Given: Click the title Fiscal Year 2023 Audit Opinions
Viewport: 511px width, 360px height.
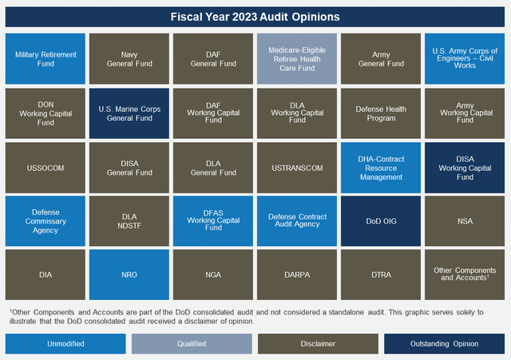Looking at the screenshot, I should point(255,17).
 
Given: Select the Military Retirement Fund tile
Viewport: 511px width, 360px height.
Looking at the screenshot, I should point(46,59).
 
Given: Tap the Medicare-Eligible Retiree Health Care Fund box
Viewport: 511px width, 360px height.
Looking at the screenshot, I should point(297,59).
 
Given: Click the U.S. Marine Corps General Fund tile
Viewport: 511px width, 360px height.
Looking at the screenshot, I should point(129,113).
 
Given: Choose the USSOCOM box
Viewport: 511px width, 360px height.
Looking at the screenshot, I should point(46,168).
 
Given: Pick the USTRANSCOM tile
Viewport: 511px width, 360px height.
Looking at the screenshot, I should point(297,168).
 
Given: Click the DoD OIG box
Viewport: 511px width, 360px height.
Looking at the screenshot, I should point(381,221).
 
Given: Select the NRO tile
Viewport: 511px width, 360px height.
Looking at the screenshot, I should point(129,275).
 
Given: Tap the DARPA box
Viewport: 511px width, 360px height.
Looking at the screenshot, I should point(297,275).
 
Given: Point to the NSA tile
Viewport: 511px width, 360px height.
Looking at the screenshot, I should point(465,221).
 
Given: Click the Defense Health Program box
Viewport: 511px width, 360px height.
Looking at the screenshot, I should point(381,113).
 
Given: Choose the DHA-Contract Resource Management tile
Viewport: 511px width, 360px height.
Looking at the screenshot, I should point(381,168).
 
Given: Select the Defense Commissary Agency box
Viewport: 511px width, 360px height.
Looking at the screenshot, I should point(46,221).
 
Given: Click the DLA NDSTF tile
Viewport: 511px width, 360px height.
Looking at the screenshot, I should point(129,221).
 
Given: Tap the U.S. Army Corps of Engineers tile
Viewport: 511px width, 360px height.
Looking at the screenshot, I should point(465,59).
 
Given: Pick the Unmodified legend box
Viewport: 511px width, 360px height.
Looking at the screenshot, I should point(65,343).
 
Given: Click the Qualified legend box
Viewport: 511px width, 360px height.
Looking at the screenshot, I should point(192,343).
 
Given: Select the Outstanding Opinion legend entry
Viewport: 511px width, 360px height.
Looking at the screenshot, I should point(444,343).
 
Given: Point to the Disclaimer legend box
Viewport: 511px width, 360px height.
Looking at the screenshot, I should point(318,343).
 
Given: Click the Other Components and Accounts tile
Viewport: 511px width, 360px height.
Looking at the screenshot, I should point(465,275).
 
